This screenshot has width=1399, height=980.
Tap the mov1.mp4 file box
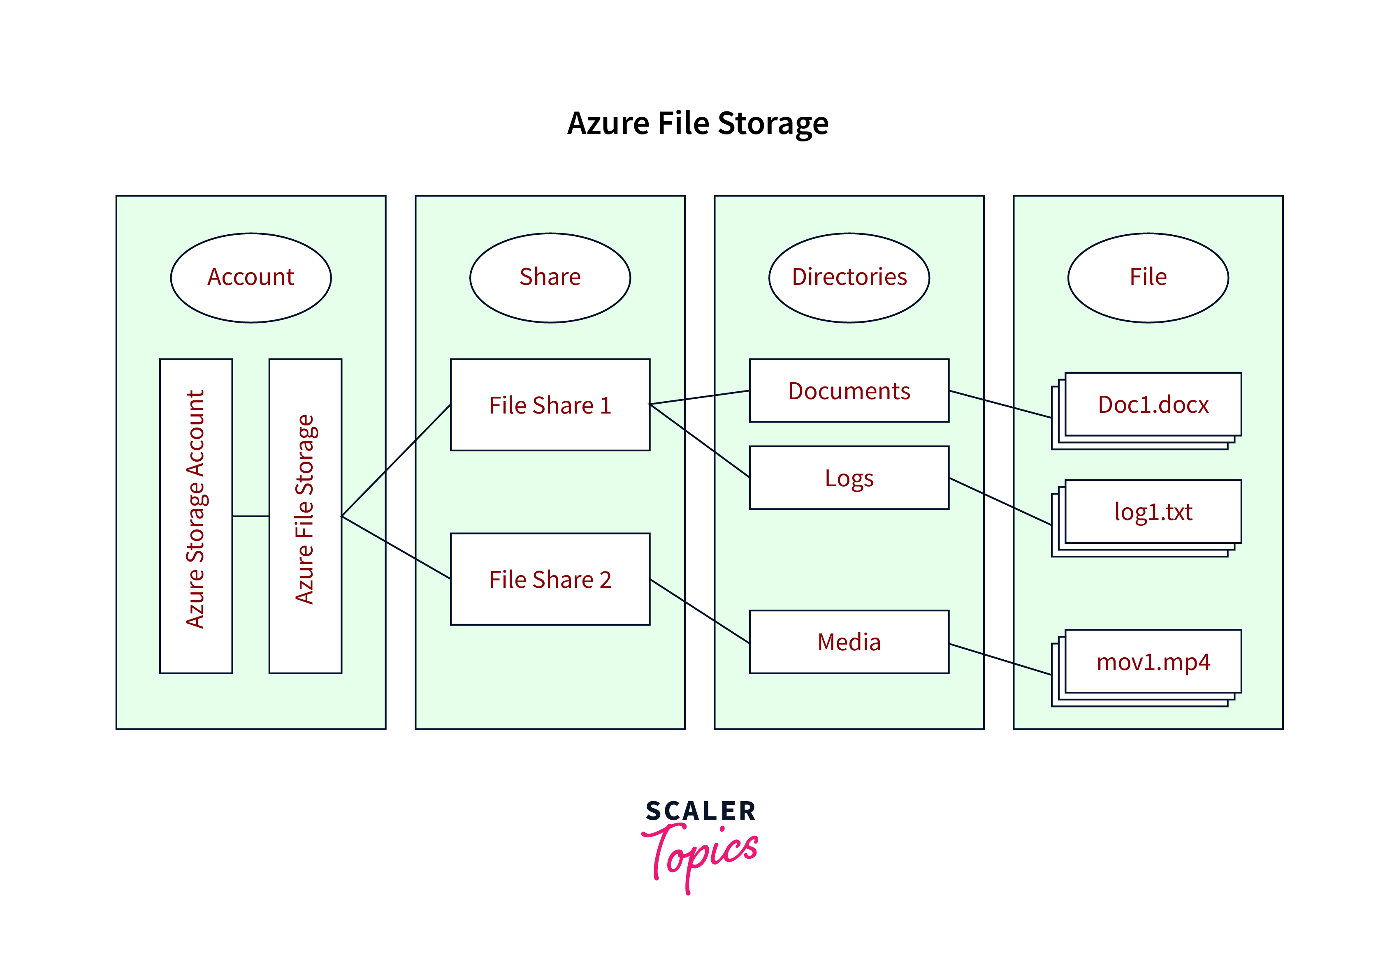(1153, 661)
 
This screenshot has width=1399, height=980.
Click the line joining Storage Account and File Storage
(251, 516)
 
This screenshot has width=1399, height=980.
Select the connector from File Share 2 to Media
(699, 611)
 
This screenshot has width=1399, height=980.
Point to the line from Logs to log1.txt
(1000, 501)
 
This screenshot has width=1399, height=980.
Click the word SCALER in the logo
(700, 811)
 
